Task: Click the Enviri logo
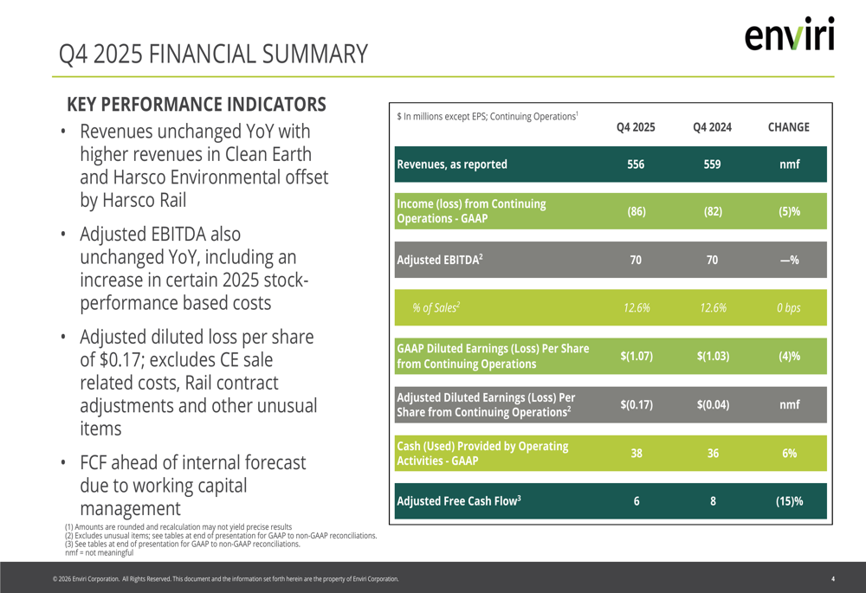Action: (x=789, y=35)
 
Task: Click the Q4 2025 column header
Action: (x=636, y=127)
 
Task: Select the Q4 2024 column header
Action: (x=712, y=127)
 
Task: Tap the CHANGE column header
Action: (x=788, y=127)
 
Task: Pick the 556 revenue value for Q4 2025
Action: (x=636, y=164)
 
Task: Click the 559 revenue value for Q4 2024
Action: (x=712, y=164)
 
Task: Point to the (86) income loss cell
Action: (x=636, y=211)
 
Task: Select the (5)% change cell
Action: (x=789, y=211)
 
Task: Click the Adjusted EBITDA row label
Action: (x=439, y=260)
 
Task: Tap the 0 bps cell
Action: (x=789, y=307)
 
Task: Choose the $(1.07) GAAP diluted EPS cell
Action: (x=636, y=356)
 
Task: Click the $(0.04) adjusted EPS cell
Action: (x=712, y=404)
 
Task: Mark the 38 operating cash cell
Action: (x=636, y=453)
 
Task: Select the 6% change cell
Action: (x=789, y=453)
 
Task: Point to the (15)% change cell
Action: (x=789, y=501)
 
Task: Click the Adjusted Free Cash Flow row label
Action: (x=458, y=501)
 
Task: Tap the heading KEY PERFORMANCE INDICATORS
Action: (x=197, y=105)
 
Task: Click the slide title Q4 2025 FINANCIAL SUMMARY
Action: (x=213, y=55)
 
